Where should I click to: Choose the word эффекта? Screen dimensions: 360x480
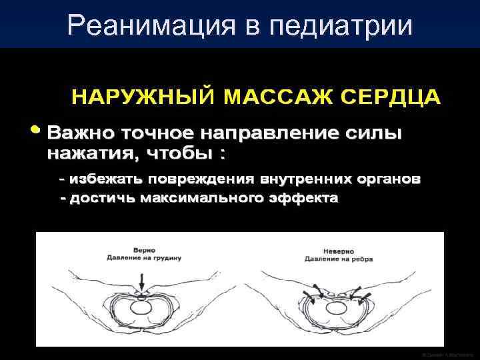click(x=306, y=198)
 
